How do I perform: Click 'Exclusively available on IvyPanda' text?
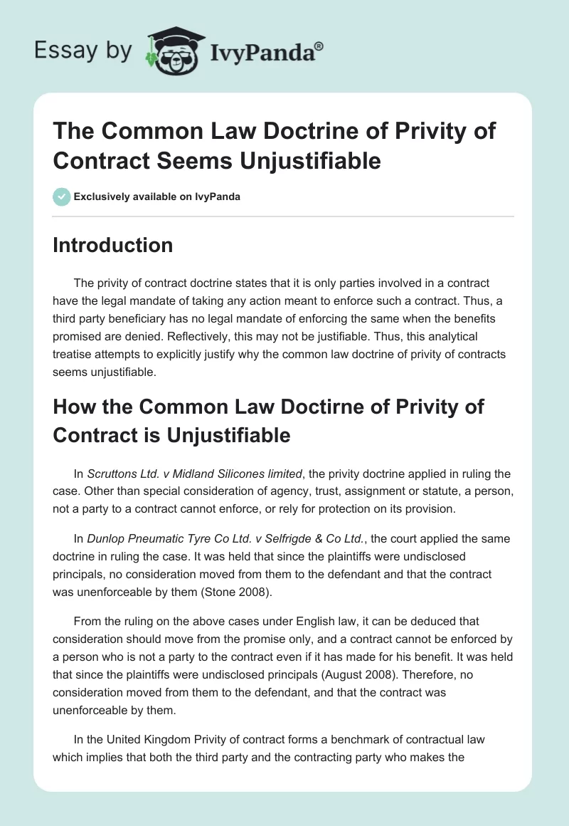coord(156,197)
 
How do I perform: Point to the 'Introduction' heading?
coord(112,245)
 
